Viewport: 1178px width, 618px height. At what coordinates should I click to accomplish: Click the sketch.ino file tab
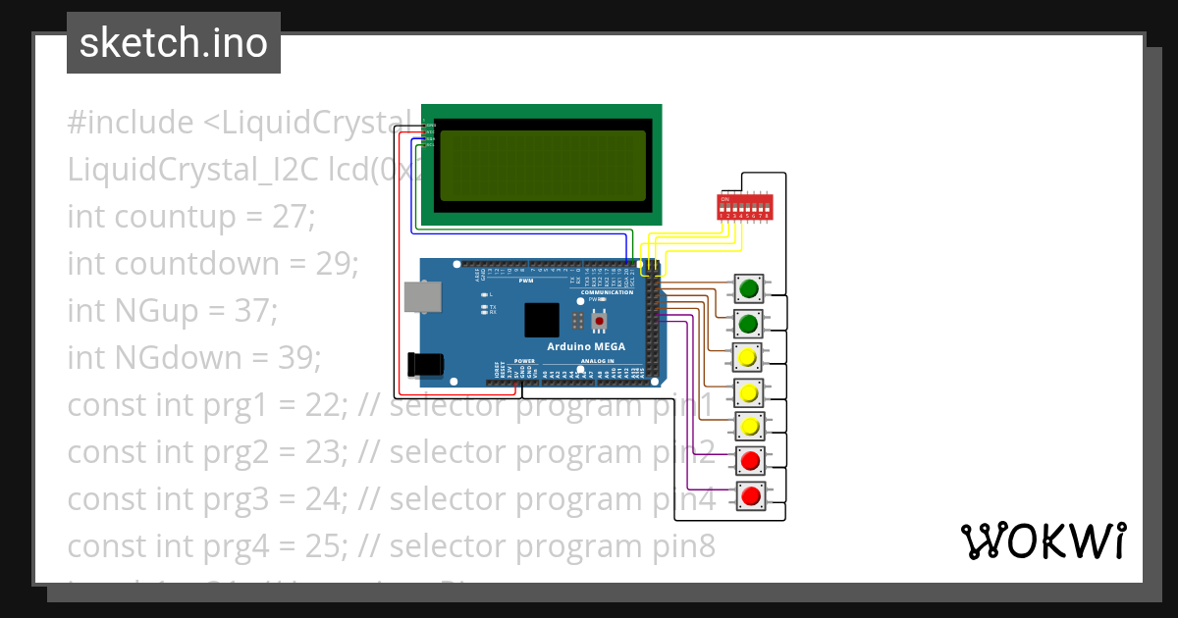coord(173,43)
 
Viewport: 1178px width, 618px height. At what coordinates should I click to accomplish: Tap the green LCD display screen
coord(543,166)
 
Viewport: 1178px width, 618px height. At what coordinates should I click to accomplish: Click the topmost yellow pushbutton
coord(749,356)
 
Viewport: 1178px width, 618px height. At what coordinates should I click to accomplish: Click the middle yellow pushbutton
coord(749,393)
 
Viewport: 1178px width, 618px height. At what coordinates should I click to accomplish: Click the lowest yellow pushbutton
coord(749,427)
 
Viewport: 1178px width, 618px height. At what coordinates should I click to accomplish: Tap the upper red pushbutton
coord(751,460)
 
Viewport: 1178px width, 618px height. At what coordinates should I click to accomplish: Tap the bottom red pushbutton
coord(751,495)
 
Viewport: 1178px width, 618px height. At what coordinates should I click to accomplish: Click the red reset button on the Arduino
coord(598,319)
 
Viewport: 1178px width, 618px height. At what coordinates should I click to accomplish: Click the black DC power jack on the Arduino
coord(424,365)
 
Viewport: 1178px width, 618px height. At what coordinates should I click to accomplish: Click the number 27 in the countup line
coord(291,217)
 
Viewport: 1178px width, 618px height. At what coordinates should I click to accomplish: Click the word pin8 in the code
coord(682,546)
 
